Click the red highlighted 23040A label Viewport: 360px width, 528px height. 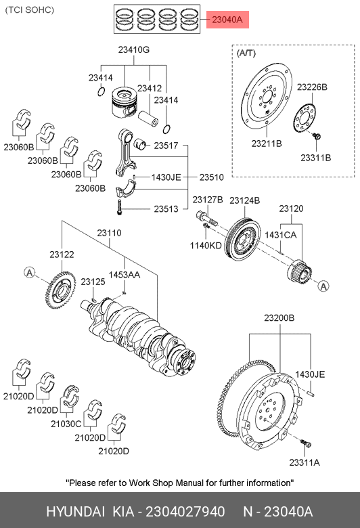click(227, 20)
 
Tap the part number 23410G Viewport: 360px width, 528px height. click(134, 50)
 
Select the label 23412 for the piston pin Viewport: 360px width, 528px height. click(150, 88)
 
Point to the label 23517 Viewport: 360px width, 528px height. click(166, 146)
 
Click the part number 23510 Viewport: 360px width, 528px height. click(212, 177)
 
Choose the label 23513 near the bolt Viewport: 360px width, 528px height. click(166, 209)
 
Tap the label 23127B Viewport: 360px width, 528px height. click(208, 200)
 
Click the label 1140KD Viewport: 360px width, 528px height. click(206, 246)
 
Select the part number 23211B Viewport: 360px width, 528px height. click(267, 144)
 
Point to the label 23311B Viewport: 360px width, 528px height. click(316, 158)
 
